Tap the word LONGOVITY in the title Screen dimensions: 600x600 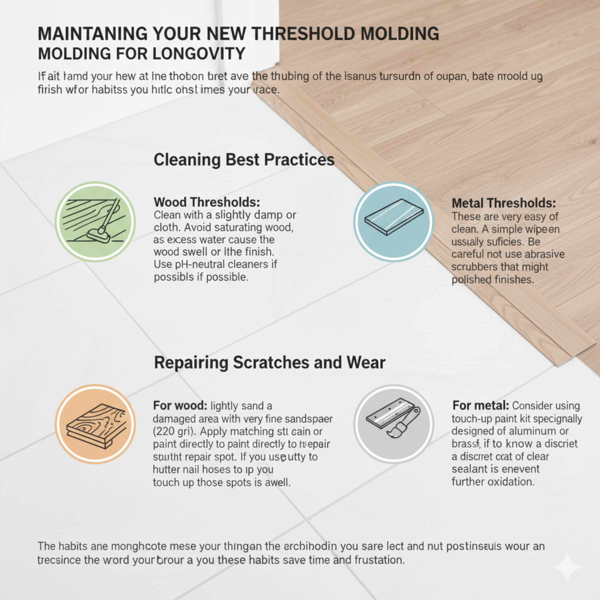pos(199,54)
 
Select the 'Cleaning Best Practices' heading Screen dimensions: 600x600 pos(244,160)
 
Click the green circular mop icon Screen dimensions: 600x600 pos(95,222)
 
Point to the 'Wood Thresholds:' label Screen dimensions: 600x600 pos(207,202)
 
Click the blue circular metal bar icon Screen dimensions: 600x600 pos(393,222)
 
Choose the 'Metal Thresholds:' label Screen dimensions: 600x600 pos(503,203)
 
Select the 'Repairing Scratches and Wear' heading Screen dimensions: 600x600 pos(269,362)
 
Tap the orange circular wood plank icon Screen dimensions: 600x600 pos(95,424)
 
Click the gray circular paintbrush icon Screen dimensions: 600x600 pos(393,424)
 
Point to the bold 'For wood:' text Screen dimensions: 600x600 pos(180,405)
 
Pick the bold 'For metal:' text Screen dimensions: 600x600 pos(480,405)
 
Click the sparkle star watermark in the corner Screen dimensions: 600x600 pos(567,566)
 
